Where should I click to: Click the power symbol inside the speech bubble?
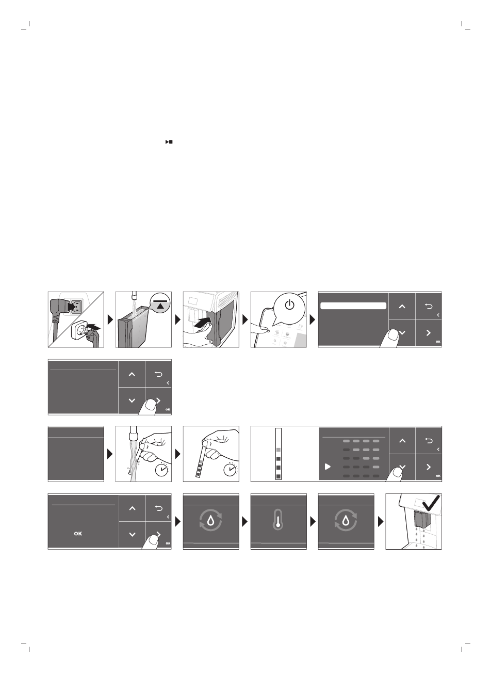click(x=290, y=305)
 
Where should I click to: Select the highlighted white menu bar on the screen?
click(x=353, y=306)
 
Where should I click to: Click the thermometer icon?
click(x=278, y=522)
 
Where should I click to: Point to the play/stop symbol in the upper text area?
click(x=168, y=141)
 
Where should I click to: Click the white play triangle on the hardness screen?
click(x=327, y=467)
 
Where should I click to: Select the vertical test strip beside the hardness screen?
click(x=279, y=454)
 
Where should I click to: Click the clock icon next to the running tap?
click(x=163, y=470)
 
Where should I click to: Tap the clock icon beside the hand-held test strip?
click(x=231, y=470)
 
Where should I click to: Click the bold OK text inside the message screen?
click(x=78, y=533)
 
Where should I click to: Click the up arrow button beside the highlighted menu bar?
click(x=402, y=306)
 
